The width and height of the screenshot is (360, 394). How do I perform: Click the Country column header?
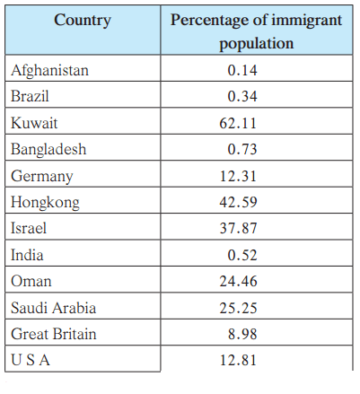(x=83, y=21)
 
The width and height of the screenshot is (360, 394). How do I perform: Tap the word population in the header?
(x=257, y=44)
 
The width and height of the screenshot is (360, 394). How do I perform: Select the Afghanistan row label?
(x=49, y=71)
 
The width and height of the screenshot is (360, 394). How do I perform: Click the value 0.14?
(x=242, y=70)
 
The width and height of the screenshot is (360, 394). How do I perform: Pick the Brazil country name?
(x=30, y=96)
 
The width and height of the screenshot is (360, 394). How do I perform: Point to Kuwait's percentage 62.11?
(x=238, y=123)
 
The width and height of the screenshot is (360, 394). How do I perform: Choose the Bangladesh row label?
(x=48, y=149)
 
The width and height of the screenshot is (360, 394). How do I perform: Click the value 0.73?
(x=242, y=149)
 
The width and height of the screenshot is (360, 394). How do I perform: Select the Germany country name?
(x=42, y=176)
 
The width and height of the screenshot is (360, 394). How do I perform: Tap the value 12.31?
(x=238, y=176)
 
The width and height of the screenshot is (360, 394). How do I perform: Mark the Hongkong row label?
(x=45, y=203)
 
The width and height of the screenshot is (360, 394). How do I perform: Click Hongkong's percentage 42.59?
(x=238, y=202)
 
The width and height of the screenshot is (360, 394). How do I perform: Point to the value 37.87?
(x=238, y=228)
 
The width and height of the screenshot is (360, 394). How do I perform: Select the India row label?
(x=27, y=255)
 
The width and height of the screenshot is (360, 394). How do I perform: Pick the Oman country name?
(x=31, y=282)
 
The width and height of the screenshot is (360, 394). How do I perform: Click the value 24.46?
(x=238, y=281)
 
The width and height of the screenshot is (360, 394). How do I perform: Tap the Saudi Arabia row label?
(x=53, y=308)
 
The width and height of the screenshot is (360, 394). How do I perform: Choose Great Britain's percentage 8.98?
(x=242, y=334)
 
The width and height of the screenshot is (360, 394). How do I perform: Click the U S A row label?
(x=31, y=360)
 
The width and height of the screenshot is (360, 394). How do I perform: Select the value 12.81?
(x=238, y=360)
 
